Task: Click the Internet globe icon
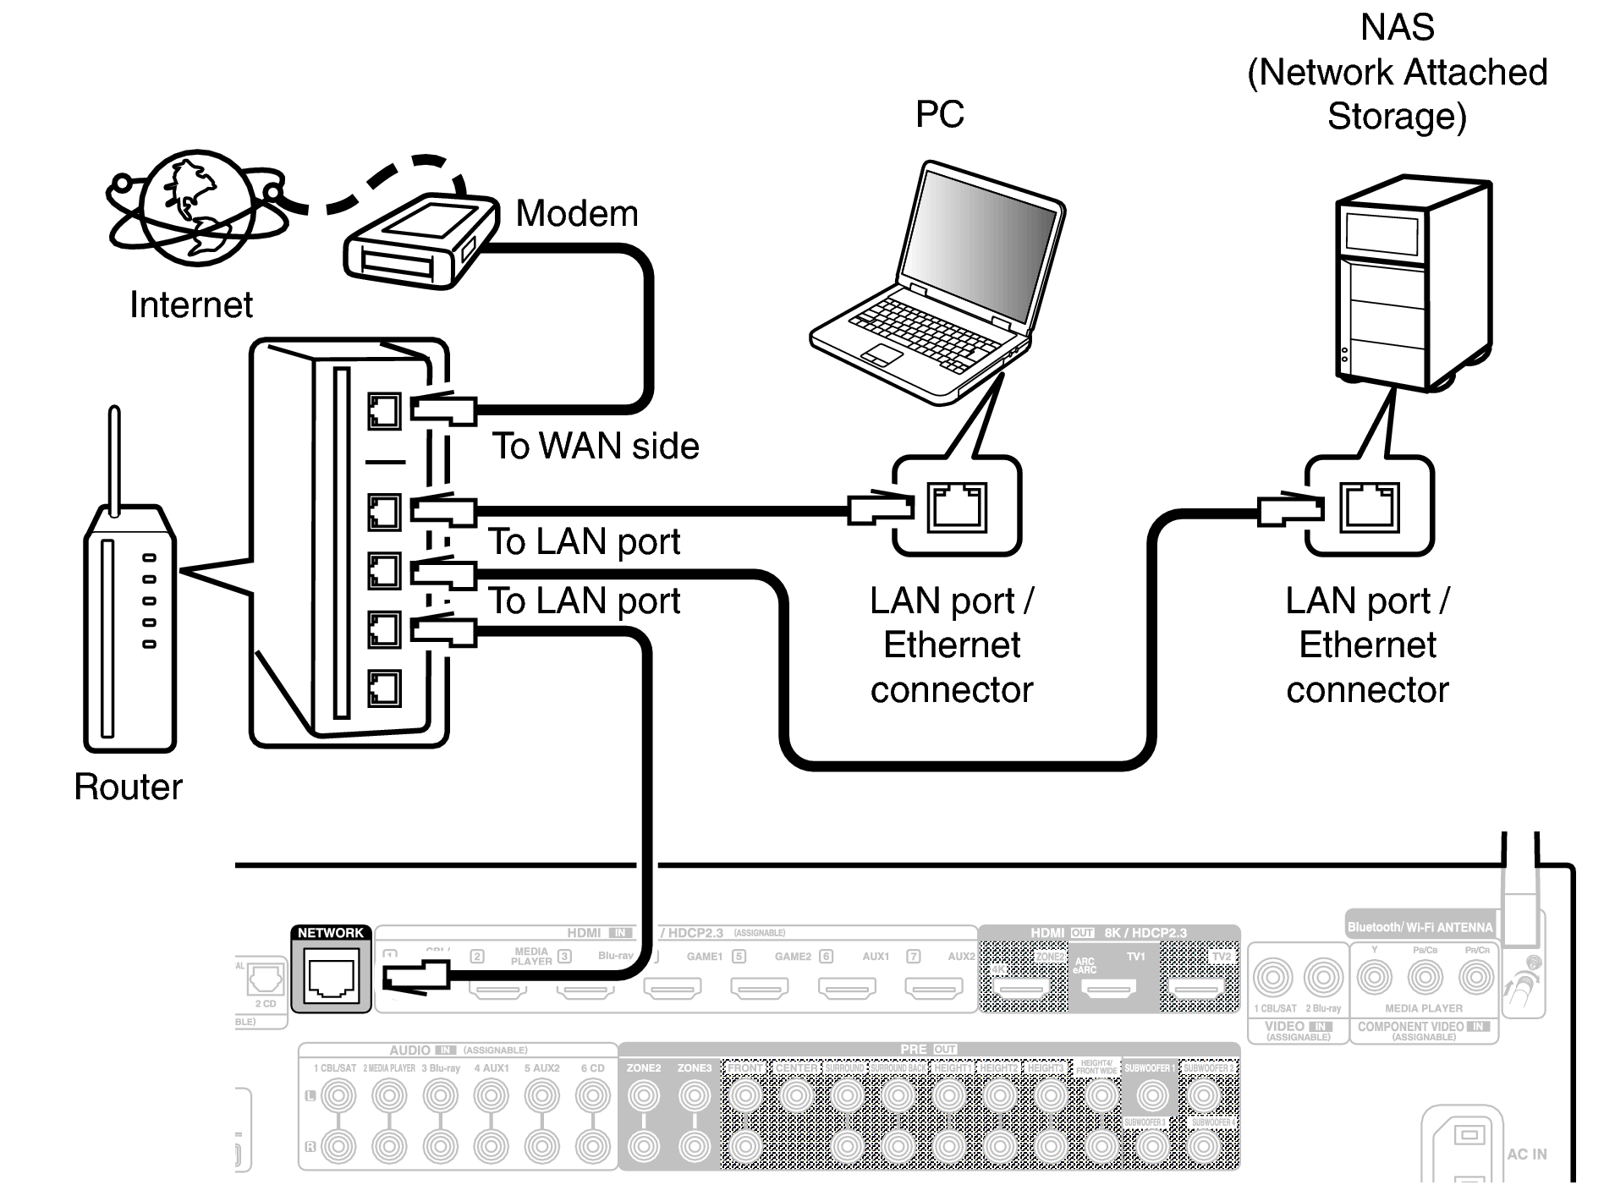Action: click(196, 207)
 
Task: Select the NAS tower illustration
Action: click(1411, 283)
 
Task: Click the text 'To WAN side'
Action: click(596, 446)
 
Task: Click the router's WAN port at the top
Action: click(384, 412)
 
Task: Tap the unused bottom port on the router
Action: click(384, 688)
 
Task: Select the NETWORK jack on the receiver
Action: click(331, 979)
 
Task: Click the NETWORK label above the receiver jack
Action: click(331, 932)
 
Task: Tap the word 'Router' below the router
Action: click(128, 787)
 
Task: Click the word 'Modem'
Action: click(577, 213)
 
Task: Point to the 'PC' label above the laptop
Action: click(939, 114)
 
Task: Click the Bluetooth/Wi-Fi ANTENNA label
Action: click(1420, 927)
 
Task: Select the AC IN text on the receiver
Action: click(1526, 1154)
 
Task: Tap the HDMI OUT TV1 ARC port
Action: click(1111, 986)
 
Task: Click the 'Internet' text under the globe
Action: click(190, 304)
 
